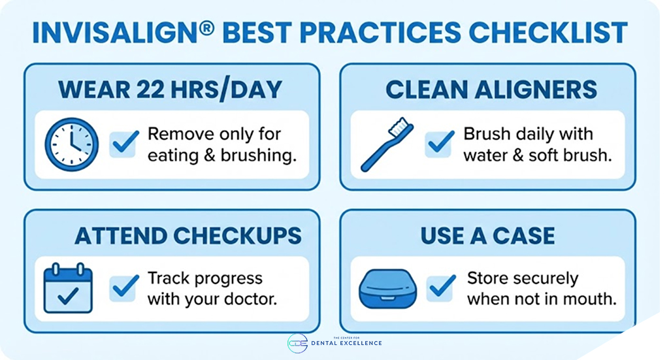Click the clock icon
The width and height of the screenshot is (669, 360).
click(x=71, y=144)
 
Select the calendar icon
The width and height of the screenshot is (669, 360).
click(x=68, y=288)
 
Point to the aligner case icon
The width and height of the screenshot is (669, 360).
click(x=388, y=289)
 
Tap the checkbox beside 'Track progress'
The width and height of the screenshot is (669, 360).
click(x=123, y=288)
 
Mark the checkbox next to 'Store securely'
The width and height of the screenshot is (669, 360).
click(x=441, y=288)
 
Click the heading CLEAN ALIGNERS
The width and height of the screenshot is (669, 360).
click(x=491, y=89)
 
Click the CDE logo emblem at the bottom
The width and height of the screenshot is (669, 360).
click(x=297, y=343)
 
